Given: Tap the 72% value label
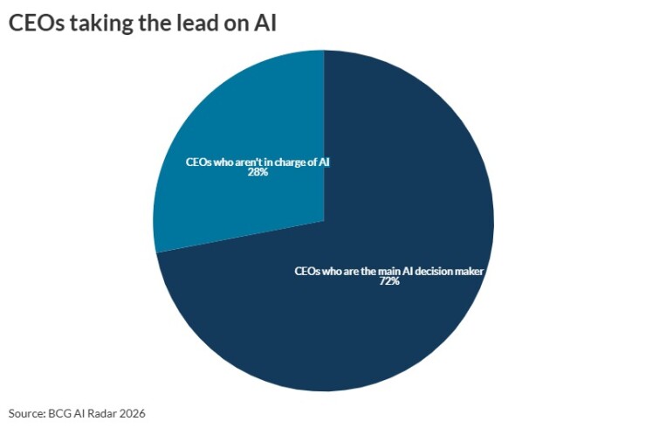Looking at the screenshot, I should [388, 282].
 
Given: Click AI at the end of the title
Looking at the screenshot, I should [265, 24].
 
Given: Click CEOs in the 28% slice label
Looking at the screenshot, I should [198, 162].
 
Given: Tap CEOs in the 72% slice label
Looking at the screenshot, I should [307, 271].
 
